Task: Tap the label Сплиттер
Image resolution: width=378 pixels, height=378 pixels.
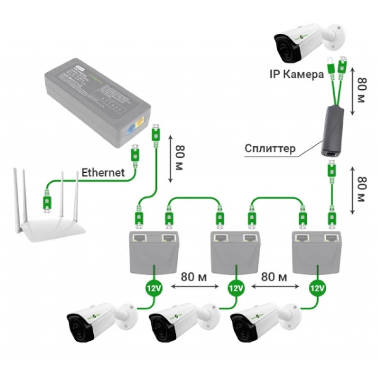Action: (x=270, y=149)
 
